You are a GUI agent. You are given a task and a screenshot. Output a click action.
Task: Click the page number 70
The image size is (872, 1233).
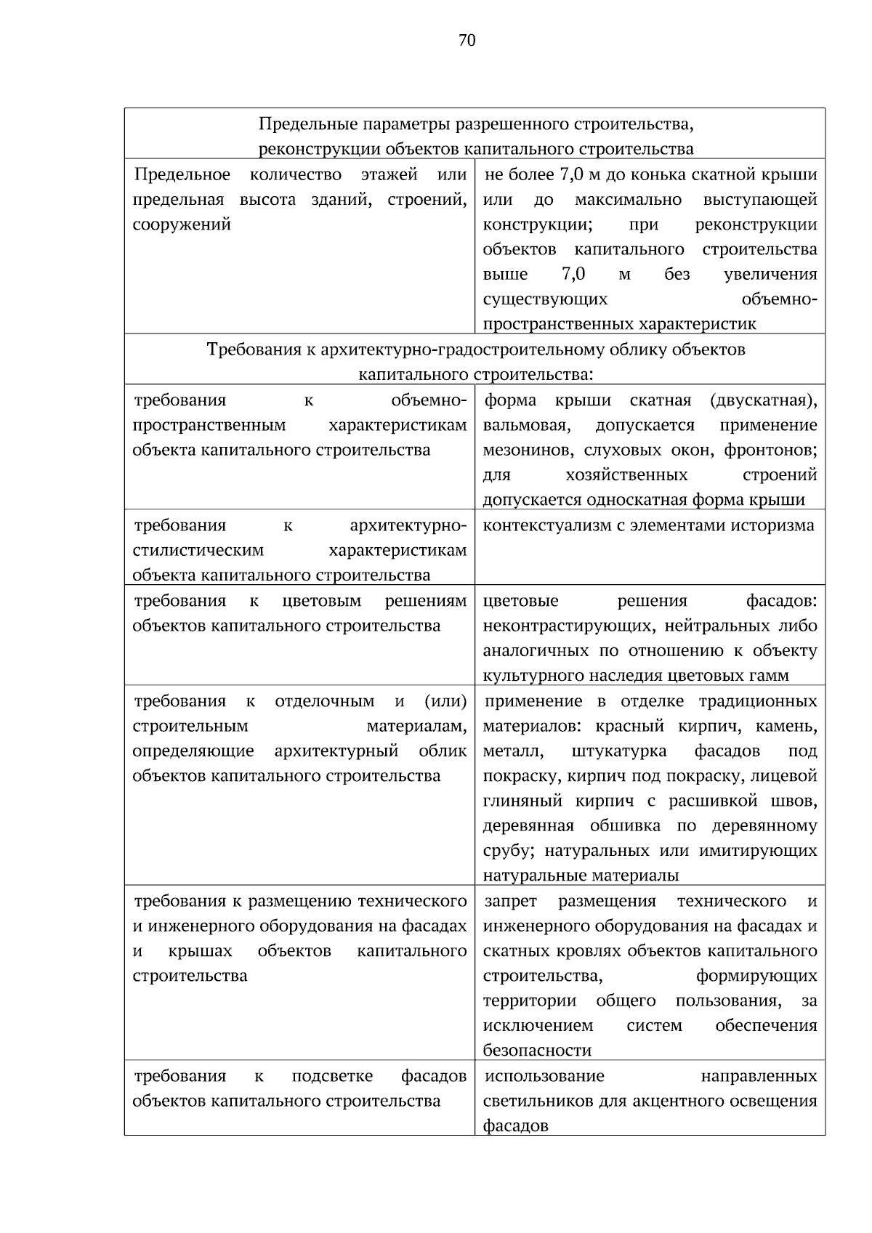click(x=467, y=41)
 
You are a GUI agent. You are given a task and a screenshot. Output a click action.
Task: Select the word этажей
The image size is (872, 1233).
click(x=389, y=175)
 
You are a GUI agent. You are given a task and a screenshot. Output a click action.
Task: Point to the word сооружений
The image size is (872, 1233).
click(x=182, y=225)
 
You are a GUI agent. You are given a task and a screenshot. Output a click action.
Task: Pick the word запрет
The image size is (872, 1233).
click(x=511, y=902)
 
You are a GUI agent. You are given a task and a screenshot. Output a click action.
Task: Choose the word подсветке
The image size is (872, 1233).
click(x=332, y=1076)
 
